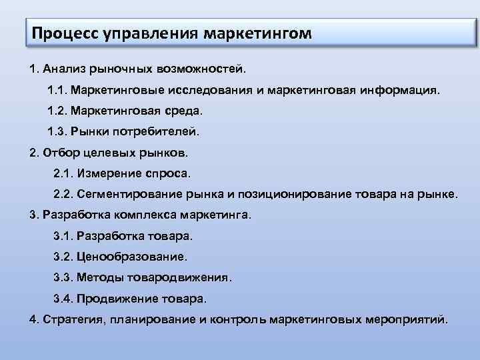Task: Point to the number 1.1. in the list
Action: [57, 89]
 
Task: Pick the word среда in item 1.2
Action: [187, 111]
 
